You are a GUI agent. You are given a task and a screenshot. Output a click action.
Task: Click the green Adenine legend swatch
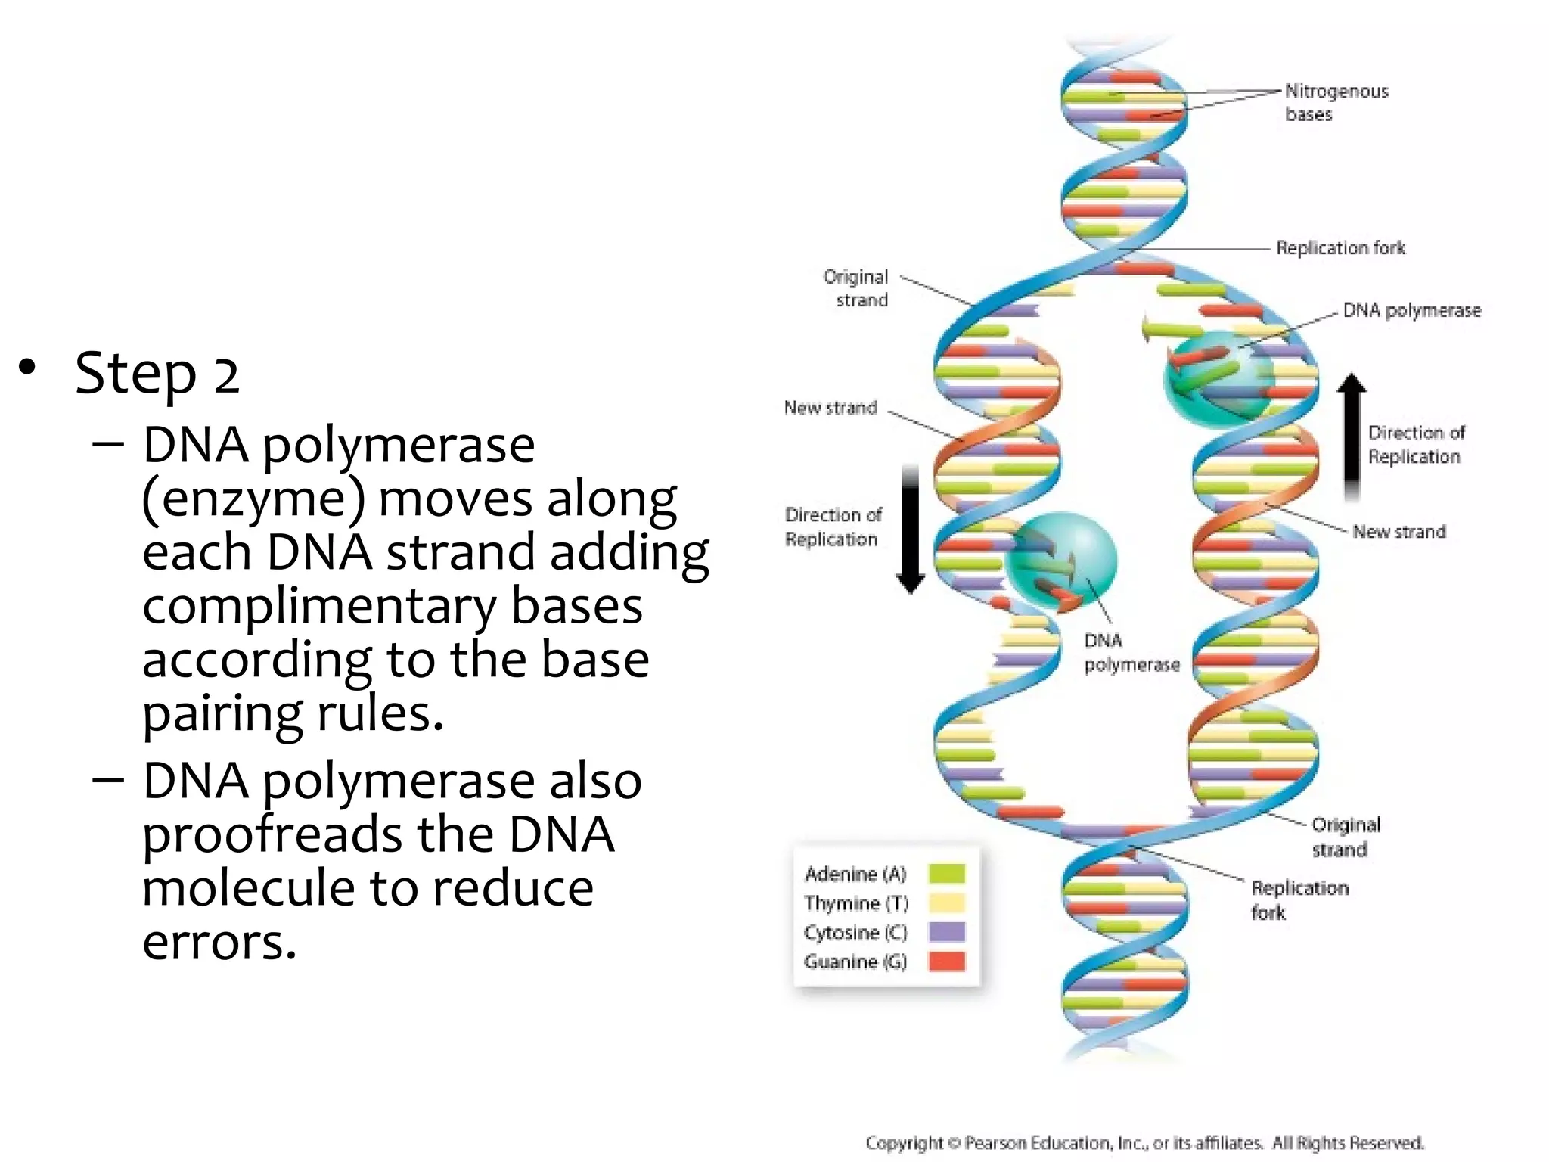[946, 874]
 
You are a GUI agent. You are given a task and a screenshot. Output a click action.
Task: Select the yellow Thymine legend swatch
[946, 903]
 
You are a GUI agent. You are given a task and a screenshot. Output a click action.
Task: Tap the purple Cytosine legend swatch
[946, 931]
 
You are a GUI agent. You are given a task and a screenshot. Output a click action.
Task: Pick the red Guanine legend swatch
[946, 961]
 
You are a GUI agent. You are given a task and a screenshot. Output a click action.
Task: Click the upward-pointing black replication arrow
[1352, 435]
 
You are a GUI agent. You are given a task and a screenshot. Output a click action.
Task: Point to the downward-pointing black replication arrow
[911, 530]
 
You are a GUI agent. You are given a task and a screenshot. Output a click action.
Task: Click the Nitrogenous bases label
[1336, 103]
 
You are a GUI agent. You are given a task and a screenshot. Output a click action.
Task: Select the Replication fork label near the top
[1340, 248]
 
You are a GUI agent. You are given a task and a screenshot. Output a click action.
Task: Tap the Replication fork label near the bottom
[1299, 899]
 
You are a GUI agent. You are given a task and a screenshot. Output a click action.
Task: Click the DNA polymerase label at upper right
[1411, 311]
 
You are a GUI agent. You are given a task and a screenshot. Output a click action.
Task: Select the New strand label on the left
[830, 408]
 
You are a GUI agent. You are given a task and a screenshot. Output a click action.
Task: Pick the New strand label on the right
[1398, 532]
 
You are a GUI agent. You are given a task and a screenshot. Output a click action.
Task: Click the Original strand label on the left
[856, 288]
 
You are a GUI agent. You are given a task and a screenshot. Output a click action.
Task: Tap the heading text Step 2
[157, 373]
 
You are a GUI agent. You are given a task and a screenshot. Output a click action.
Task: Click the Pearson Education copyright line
[1144, 1142]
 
